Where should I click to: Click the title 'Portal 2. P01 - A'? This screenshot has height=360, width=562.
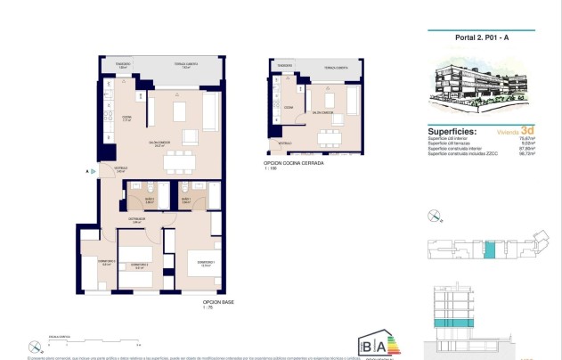[481, 37]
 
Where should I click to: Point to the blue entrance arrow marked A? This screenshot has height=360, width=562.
[92, 170]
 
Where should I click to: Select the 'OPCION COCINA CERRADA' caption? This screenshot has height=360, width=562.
[293, 163]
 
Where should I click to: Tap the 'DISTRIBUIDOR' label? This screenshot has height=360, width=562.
[137, 219]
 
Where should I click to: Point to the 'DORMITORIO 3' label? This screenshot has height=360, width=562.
[96, 261]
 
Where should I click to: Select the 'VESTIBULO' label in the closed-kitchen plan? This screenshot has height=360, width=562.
[284, 143]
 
